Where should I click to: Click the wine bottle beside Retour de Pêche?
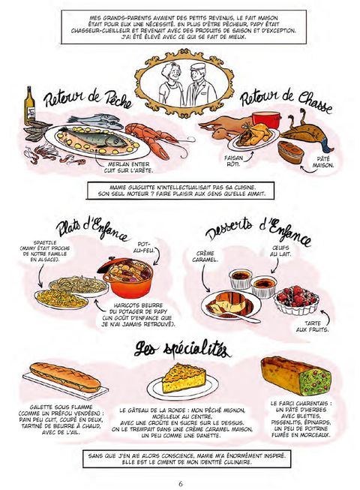pyautogui.click(x=29, y=106)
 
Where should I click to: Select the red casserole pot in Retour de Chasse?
pyautogui.click(x=266, y=120)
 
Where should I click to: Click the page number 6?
pyautogui.click(x=181, y=484)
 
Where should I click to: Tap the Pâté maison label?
pyautogui.click(x=322, y=163)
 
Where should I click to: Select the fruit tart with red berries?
pyautogui.click(x=296, y=299)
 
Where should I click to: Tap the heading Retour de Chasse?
pyautogui.click(x=286, y=101)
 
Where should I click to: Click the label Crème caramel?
pyautogui.click(x=205, y=256)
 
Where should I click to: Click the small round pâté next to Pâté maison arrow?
pyautogui.click(x=290, y=152)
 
